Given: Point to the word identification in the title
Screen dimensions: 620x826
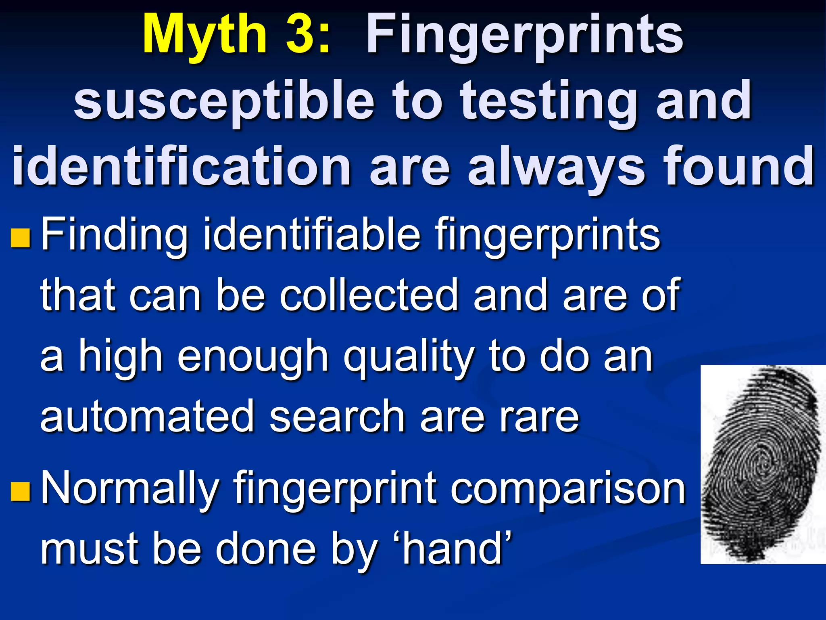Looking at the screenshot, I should pos(181,166).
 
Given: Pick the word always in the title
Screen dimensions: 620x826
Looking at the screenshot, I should pos(557,166).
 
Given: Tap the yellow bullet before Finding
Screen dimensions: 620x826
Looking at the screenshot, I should pos(20,238).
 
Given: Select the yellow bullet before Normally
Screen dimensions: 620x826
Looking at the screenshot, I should pos(20,491).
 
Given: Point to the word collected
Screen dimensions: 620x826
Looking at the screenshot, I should pos(369,296).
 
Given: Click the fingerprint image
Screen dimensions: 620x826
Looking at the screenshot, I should pos(762,464).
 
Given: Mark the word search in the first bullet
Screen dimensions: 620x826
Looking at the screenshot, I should pos(337,417).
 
